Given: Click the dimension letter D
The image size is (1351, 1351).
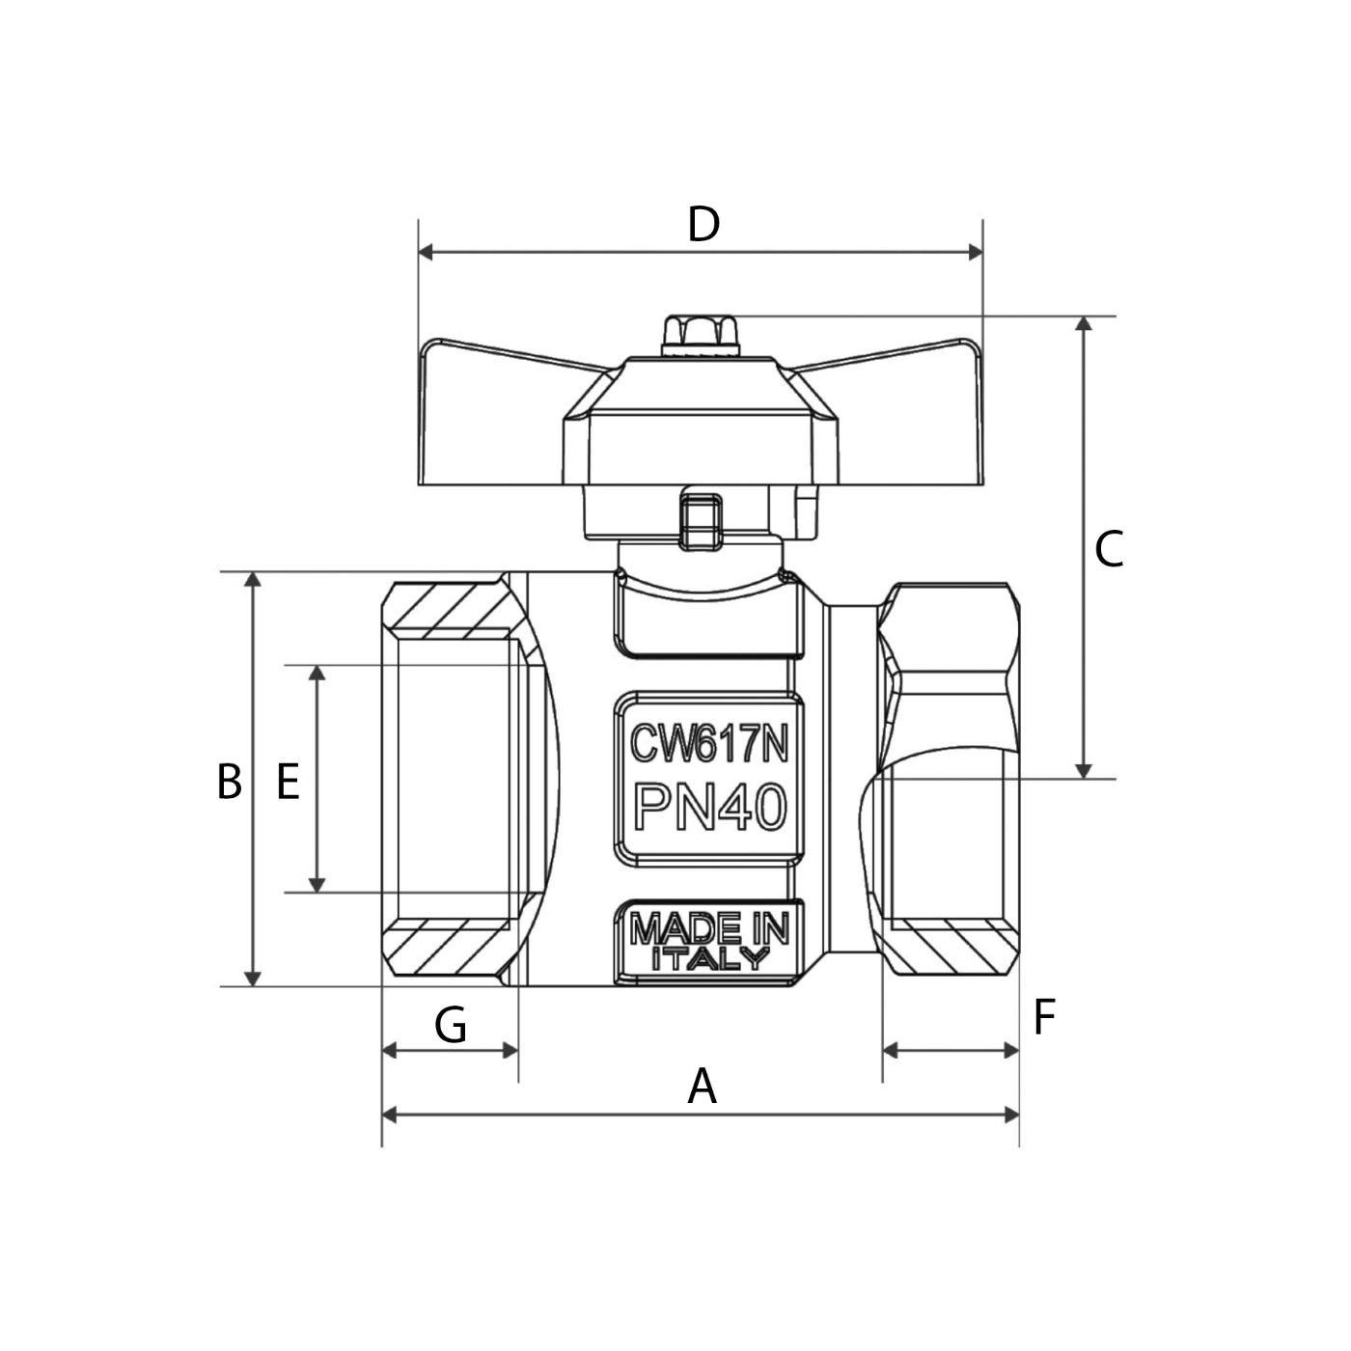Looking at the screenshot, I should click(703, 225).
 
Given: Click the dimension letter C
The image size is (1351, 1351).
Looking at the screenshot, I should click(1109, 550).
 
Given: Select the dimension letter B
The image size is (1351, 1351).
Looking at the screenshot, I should click(229, 782).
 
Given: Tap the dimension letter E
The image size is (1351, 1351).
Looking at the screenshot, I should click(288, 782).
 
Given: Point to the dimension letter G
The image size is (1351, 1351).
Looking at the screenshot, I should click(451, 1025).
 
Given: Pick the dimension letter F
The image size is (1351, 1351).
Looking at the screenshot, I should click(1044, 1017).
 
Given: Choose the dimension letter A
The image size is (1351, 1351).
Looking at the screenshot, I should click(703, 1087).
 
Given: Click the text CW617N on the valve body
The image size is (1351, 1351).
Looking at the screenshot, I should click(709, 744).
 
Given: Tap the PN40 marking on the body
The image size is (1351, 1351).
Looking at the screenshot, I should click(709, 807).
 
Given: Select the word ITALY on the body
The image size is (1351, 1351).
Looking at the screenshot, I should click(710, 959).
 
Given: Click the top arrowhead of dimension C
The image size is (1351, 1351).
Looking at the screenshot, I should click(1084, 324).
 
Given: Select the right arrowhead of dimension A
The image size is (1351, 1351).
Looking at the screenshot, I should click(1012, 1115).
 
